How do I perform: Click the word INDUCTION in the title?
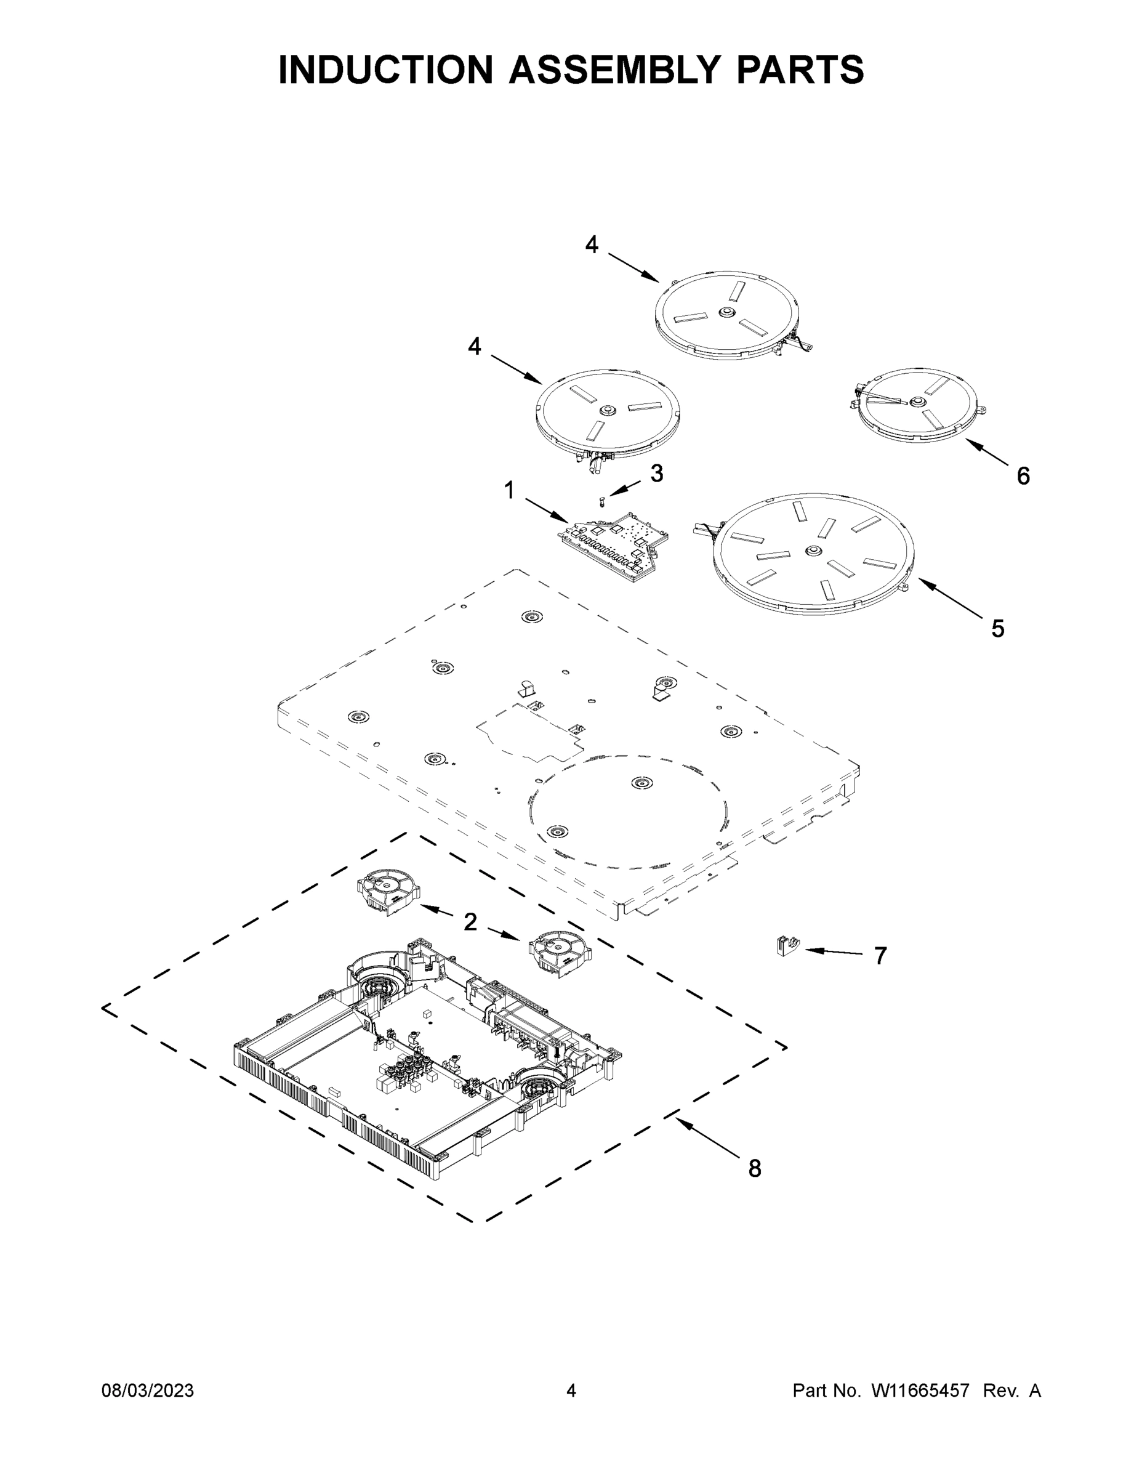pyautogui.click(x=385, y=70)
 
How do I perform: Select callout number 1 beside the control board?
pyautogui.click(x=509, y=491)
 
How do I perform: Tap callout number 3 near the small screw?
pyautogui.click(x=657, y=474)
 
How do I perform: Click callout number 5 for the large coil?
pyautogui.click(x=998, y=629)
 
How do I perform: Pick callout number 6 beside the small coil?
pyautogui.click(x=1023, y=477)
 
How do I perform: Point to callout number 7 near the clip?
pyautogui.click(x=880, y=956)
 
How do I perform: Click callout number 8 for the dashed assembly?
pyautogui.click(x=755, y=1169)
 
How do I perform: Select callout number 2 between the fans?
pyautogui.click(x=470, y=922)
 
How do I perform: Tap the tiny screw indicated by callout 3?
pyautogui.click(x=601, y=501)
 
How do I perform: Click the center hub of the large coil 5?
pyautogui.click(x=813, y=552)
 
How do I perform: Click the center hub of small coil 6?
pyautogui.click(x=917, y=402)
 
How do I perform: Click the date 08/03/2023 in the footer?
pyautogui.click(x=148, y=1391)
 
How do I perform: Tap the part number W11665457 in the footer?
pyautogui.click(x=920, y=1391)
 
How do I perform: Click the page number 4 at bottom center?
pyautogui.click(x=571, y=1391)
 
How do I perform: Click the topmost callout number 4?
pyautogui.click(x=592, y=245)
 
